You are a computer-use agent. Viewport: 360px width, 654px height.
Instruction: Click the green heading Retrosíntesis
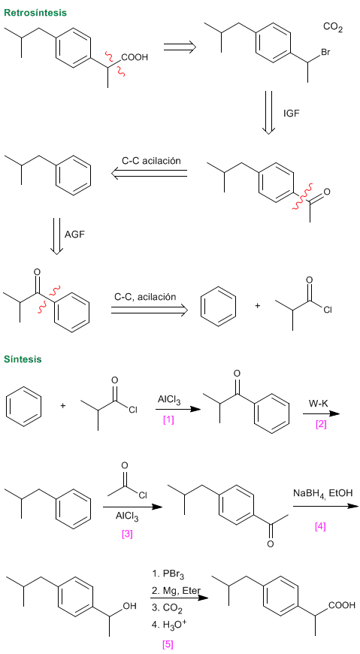click(35, 13)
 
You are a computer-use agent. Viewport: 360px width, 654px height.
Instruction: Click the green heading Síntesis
click(23, 359)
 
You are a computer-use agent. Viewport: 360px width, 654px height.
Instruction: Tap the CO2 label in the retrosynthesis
click(332, 28)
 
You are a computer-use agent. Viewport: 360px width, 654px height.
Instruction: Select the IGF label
click(291, 114)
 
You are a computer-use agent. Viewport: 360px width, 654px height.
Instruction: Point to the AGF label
click(74, 235)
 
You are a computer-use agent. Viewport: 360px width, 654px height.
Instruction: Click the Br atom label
click(325, 53)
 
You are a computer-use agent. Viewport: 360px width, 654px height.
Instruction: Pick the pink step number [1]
click(168, 419)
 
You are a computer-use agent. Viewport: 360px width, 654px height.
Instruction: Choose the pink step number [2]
click(321, 424)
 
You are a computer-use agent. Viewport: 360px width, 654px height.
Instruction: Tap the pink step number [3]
click(127, 534)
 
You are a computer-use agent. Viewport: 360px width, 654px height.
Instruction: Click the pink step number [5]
click(168, 644)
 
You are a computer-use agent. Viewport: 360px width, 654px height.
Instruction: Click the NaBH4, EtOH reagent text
click(322, 494)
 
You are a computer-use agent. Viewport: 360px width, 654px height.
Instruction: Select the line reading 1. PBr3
click(168, 575)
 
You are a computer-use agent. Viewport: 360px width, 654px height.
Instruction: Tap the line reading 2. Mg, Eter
click(176, 591)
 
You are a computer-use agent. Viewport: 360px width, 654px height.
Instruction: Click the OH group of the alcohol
click(130, 607)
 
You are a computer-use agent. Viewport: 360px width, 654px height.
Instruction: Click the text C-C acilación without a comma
click(151, 161)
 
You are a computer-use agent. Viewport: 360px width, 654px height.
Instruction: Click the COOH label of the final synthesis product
click(342, 605)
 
